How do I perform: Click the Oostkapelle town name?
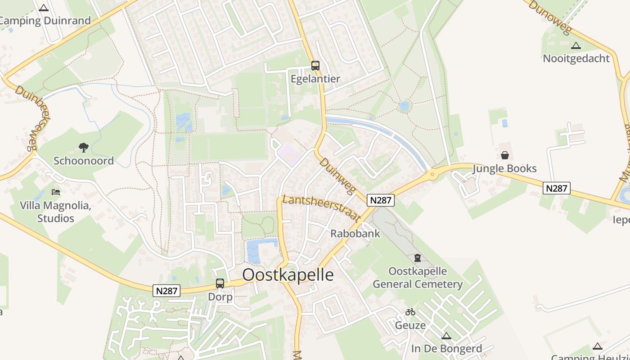(x=288, y=274)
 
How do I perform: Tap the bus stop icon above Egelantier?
(x=315, y=66)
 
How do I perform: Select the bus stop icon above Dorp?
(x=220, y=283)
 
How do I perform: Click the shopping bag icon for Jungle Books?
(x=505, y=155)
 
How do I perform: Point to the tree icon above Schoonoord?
(x=83, y=147)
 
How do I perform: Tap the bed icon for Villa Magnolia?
(x=56, y=192)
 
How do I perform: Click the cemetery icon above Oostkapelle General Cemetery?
(x=418, y=258)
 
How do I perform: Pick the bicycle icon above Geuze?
(x=410, y=311)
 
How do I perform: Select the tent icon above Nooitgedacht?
(x=576, y=45)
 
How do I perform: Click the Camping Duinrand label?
(x=45, y=21)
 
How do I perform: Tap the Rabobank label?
(x=355, y=234)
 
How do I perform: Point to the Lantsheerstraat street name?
(x=321, y=208)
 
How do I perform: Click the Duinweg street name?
(x=338, y=176)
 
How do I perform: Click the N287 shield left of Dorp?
(x=167, y=291)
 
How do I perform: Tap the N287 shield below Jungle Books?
(x=557, y=188)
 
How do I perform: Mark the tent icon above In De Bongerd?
(x=446, y=336)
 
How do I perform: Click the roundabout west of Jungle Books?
(x=433, y=174)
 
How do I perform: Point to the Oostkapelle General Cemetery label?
(x=418, y=278)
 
